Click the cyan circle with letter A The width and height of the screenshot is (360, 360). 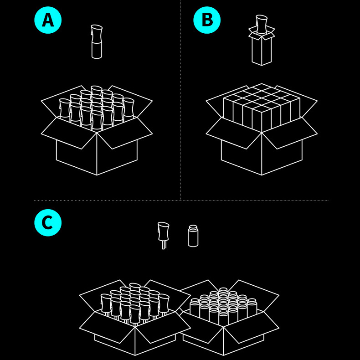coord(48,20)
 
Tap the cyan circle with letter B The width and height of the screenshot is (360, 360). coord(207,20)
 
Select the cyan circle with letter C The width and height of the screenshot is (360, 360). coord(48,223)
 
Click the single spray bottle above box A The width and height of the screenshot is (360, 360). coord(97,42)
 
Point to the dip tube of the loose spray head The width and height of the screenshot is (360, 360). coord(164,245)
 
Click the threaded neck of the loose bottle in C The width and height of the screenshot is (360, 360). coord(193,228)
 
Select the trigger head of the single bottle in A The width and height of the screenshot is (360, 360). coord(97,33)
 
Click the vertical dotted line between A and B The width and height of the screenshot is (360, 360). coord(180,100)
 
